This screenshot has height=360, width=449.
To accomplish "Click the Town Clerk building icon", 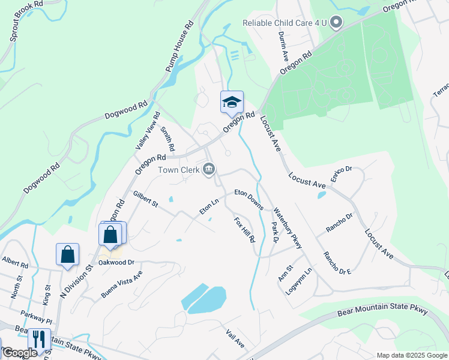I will pos(209,169).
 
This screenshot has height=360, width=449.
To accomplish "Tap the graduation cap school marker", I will pos(232,103).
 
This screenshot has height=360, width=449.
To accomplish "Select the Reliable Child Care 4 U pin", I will pos(336,24).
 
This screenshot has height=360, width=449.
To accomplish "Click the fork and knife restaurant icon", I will pos(39,340).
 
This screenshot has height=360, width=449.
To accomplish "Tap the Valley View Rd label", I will pos(146,130).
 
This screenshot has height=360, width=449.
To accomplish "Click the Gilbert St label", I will pos(145,199).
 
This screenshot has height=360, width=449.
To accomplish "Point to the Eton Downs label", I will pos(249,200).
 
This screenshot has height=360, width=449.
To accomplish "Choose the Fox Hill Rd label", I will pos(244,230).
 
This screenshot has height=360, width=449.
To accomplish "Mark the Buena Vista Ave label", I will pos(121,283).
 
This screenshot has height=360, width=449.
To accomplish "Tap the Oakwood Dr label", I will pos(116,262).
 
